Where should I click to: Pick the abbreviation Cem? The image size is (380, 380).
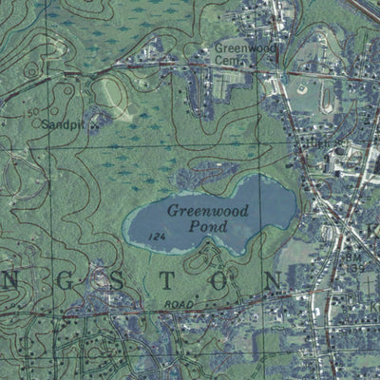point(227,60)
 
